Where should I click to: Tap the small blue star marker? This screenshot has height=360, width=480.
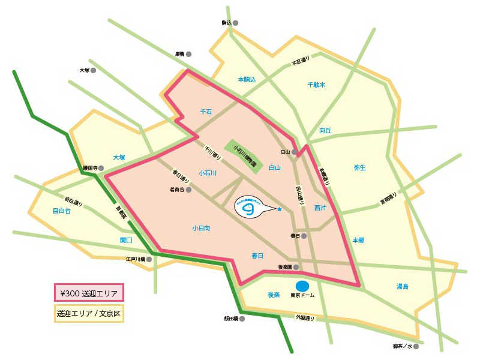click(x=280, y=209)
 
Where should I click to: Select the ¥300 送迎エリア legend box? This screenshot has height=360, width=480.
click(x=89, y=293)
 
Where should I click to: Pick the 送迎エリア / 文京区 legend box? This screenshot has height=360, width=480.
click(x=89, y=313)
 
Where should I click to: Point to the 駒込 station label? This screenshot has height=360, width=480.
click(x=226, y=23)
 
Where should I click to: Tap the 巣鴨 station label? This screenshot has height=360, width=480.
click(x=179, y=53)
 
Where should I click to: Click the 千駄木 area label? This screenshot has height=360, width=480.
click(x=316, y=85)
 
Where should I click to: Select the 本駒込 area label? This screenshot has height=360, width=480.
click(x=247, y=79)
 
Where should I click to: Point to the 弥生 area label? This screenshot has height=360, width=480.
click(x=360, y=167)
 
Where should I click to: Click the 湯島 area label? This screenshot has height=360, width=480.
click(x=402, y=287)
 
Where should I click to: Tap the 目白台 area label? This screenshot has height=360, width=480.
click(x=62, y=211)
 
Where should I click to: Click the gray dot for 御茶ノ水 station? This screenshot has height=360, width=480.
click(x=415, y=346)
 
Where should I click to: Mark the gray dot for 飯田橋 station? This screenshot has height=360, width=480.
click(x=242, y=319)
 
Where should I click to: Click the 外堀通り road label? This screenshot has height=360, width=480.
click(x=304, y=316)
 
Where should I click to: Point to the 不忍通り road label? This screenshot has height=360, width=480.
click(x=301, y=61)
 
